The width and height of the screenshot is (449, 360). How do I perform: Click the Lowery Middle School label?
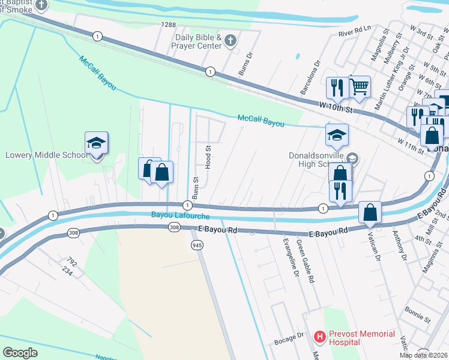tap(46, 155)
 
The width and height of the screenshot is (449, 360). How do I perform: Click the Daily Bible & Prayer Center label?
tap(198, 41)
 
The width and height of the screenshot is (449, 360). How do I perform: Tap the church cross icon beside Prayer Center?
tap(231, 41)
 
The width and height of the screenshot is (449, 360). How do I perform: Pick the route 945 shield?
tap(197, 245)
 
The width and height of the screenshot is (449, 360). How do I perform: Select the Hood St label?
tap(208, 157)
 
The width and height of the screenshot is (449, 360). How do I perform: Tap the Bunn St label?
tap(196, 188)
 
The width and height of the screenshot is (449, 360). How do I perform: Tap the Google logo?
tap(20, 352)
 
